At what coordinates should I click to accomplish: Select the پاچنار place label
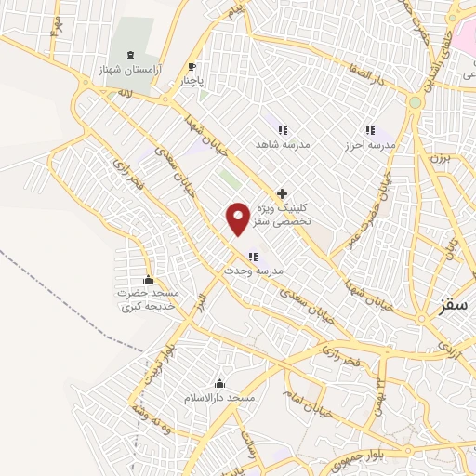coord(191,81)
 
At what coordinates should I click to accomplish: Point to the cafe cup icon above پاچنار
coord(192,67)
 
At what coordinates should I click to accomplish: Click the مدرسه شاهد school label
coord(281,144)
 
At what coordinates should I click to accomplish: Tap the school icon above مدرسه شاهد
coord(281,130)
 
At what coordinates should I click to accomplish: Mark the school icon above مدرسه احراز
coord(369,130)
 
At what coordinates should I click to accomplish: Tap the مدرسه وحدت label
coord(252,271)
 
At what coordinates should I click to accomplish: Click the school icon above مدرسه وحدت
coord(253,257)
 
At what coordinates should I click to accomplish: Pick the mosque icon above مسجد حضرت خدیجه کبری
coord(148,280)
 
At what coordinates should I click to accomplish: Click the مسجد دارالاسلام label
coord(219,398)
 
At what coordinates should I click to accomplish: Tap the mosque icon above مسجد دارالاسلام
coord(219,383)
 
